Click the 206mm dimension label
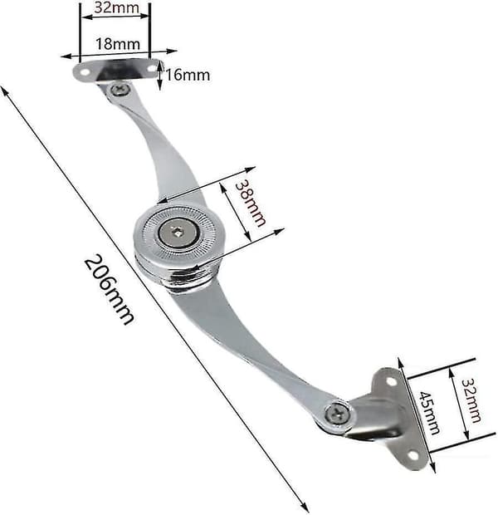(109, 289)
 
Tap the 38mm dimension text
(250, 204)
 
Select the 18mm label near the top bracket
(118, 44)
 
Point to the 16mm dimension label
(188, 75)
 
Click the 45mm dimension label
(429, 413)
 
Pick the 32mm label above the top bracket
(116, 7)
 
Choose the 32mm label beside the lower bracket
(471, 400)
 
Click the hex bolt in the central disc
(178, 233)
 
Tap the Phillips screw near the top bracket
(120, 90)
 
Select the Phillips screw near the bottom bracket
(337, 415)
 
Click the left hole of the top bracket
(85, 72)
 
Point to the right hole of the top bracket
(152, 69)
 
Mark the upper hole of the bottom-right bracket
(391, 381)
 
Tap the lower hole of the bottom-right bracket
(413, 456)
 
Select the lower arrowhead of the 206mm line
(305, 507)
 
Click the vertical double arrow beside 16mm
(160, 76)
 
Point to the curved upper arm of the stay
(158, 145)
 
